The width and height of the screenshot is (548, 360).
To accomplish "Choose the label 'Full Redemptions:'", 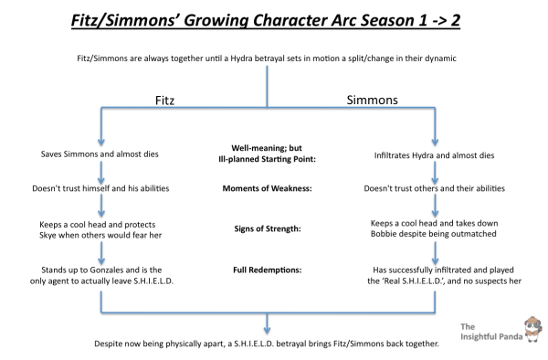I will [x=266, y=270].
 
